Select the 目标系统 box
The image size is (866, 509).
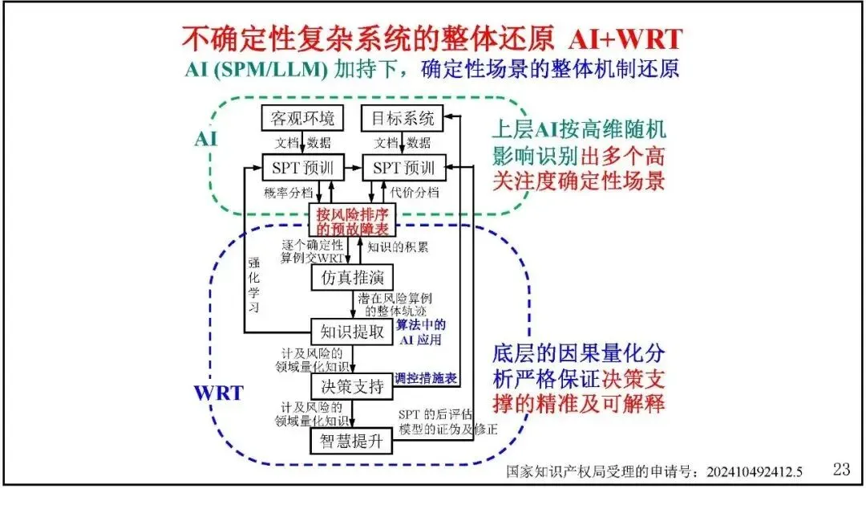point(403,119)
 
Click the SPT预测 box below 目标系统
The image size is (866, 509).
point(403,168)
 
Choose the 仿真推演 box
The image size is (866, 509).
point(349,278)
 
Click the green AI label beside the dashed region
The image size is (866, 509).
point(205,139)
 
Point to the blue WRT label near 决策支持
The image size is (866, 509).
point(219,393)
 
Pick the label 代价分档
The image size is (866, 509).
point(415,193)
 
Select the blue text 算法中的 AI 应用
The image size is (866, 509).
point(421,332)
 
